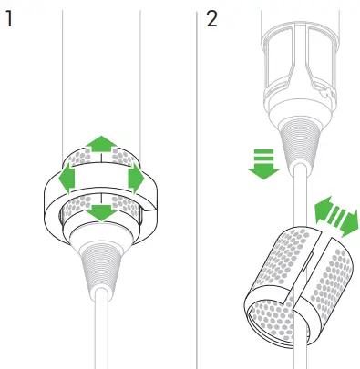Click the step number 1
pos(8,19)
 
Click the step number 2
pos(213,19)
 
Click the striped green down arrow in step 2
pos(263,165)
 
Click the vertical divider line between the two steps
pos(198,182)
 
